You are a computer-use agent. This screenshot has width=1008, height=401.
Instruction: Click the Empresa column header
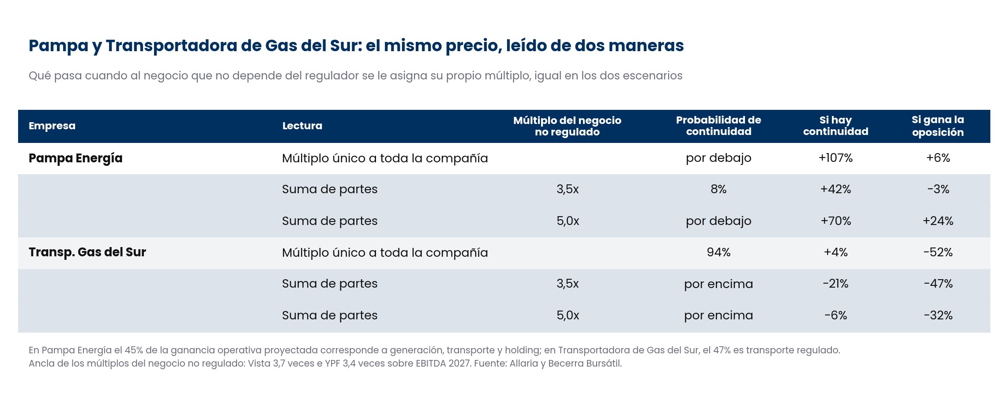click(52, 126)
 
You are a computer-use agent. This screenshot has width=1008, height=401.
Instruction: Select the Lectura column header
click(302, 126)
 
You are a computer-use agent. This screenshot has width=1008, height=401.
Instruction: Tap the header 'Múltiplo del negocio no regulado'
click(567, 126)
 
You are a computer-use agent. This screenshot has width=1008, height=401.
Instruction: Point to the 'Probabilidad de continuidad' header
click(718, 126)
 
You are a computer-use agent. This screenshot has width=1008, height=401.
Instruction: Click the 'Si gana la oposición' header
click(938, 126)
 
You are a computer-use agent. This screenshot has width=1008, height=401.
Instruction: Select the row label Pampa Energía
click(75, 158)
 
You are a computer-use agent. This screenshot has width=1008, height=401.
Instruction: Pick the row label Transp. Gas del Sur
click(87, 252)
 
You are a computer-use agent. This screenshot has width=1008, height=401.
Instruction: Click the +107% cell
click(835, 158)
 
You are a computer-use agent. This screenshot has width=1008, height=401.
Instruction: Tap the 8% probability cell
click(718, 189)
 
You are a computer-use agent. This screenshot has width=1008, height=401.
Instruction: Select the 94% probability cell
click(718, 252)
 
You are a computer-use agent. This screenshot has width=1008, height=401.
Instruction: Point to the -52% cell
click(938, 252)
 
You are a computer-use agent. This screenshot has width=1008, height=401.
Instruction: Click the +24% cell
click(938, 221)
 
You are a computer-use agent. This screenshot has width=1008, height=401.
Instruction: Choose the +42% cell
click(835, 189)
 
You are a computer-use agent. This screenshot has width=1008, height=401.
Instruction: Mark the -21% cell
click(835, 284)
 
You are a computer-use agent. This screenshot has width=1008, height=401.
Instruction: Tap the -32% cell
click(938, 315)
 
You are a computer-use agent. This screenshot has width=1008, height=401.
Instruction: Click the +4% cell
click(835, 252)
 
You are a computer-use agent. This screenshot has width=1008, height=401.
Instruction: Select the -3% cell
click(938, 189)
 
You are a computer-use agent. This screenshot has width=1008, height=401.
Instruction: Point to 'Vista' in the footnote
click(259, 364)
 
